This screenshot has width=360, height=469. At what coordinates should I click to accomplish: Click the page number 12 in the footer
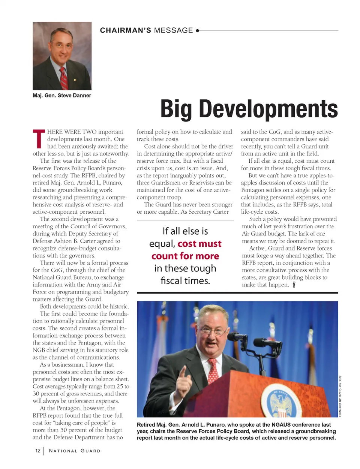click(x=38, y=451)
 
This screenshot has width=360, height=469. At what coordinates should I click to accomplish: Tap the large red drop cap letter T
click(x=39, y=138)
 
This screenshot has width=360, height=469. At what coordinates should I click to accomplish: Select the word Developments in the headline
click(x=268, y=109)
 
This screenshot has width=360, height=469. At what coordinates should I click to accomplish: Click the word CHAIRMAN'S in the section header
click(x=126, y=30)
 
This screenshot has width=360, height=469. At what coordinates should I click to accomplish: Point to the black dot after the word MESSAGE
click(x=198, y=31)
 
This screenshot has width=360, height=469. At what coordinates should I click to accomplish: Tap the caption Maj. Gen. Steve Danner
click(x=62, y=96)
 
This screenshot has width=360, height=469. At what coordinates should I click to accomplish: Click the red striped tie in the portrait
click(x=64, y=78)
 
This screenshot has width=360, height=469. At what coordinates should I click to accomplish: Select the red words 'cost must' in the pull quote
click(x=199, y=244)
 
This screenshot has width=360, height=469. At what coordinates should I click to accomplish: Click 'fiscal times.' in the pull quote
click(x=185, y=280)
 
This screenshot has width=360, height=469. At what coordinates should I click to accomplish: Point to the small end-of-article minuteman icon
click(x=294, y=285)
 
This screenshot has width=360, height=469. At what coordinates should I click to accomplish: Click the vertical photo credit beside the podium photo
click(x=340, y=396)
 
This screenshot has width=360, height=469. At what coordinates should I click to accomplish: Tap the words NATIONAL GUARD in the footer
click(x=75, y=451)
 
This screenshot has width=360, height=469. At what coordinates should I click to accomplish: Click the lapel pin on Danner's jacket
click(x=75, y=80)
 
